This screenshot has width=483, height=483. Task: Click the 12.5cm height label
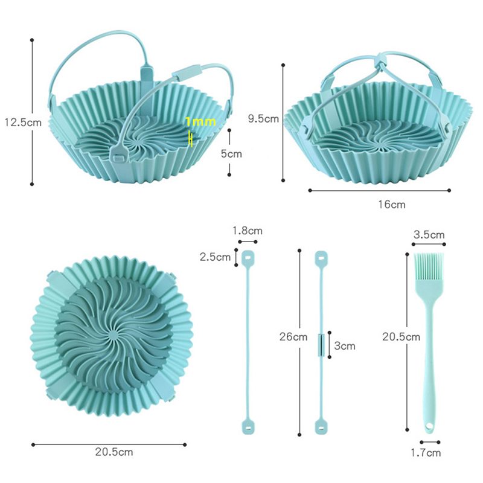point(23,123)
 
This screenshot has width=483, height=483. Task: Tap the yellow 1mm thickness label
point(200,122)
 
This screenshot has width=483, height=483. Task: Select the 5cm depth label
point(231,154)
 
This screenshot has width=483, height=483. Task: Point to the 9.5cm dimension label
point(263,118)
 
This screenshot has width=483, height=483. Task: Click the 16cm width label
point(392,205)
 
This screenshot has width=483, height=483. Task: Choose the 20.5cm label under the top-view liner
point(114,452)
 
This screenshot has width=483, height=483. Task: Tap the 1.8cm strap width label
point(248,231)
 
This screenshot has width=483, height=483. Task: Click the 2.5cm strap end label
point(215,257)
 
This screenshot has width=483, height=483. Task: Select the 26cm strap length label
point(293,337)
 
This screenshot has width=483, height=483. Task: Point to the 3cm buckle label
point(345,346)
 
